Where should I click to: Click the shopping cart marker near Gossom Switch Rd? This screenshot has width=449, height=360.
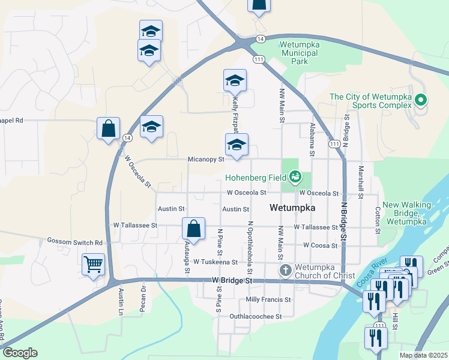[x=94, y=264]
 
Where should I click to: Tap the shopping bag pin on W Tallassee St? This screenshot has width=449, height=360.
[x=193, y=229]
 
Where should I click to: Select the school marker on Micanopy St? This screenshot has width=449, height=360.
[x=237, y=145]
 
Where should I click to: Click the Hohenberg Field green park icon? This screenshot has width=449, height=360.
[x=295, y=177]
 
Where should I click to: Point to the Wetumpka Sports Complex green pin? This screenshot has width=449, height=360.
[x=421, y=100]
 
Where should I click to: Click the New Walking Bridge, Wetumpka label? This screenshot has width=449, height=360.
[x=407, y=213]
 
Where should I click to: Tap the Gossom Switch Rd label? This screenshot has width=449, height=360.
[x=75, y=242]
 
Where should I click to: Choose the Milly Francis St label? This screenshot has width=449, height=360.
[x=268, y=299]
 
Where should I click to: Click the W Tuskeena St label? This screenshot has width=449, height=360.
[x=215, y=262]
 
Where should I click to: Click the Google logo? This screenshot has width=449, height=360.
[x=19, y=353]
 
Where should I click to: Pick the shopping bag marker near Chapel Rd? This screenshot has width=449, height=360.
[x=108, y=128]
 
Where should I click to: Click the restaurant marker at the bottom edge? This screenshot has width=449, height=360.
[x=376, y=338]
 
